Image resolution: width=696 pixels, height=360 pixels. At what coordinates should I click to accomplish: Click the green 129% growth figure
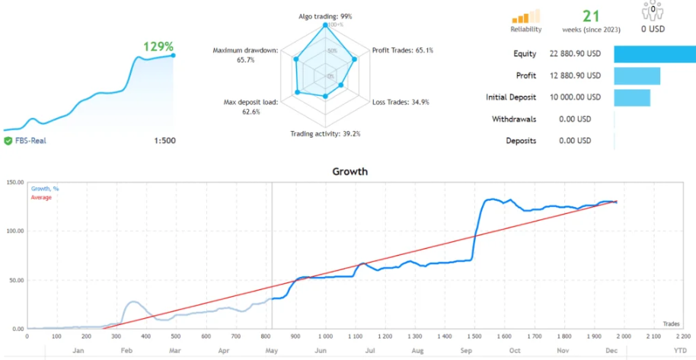[x=158, y=46]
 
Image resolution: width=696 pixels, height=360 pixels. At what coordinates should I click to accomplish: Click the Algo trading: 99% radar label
[x=326, y=16]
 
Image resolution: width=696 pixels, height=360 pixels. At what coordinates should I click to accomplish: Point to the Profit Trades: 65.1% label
[x=403, y=51]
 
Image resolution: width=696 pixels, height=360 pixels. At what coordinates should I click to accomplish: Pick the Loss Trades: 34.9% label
[x=400, y=101]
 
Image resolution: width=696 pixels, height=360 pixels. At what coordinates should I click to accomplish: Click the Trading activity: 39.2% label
[x=325, y=134]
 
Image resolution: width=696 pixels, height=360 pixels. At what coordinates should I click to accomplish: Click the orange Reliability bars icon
[x=525, y=16]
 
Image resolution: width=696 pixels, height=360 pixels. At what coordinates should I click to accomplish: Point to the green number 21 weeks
[x=592, y=16]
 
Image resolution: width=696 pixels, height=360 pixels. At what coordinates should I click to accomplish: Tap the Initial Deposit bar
[x=631, y=97]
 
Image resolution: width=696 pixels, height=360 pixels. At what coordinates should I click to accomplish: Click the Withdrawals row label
[x=514, y=119]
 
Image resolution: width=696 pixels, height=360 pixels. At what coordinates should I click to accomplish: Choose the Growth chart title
[x=350, y=171]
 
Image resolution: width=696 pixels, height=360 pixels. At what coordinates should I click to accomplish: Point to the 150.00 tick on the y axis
[x=13, y=183]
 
